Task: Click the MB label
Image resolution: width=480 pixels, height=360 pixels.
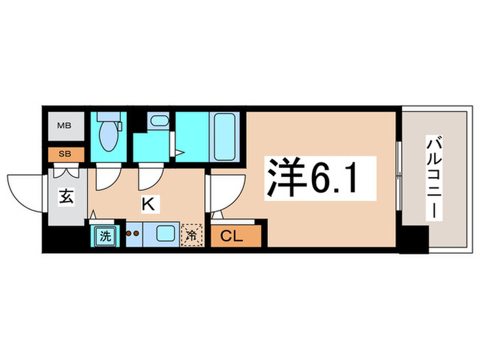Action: tap(64, 125)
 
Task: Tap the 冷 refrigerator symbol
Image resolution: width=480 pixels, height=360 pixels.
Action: tap(192, 236)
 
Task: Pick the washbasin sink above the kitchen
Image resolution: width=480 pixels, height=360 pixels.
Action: tap(158, 122)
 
